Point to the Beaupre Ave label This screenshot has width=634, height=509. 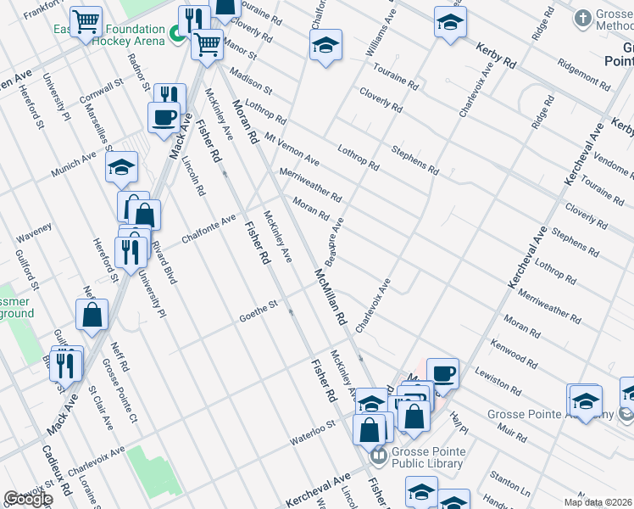click(x=333, y=239)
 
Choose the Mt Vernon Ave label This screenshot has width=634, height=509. click(x=292, y=148)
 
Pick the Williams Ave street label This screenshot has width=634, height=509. click(x=381, y=34)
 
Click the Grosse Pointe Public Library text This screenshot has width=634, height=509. click(x=427, y=457)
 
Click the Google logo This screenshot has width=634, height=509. click(x=28, y=499)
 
